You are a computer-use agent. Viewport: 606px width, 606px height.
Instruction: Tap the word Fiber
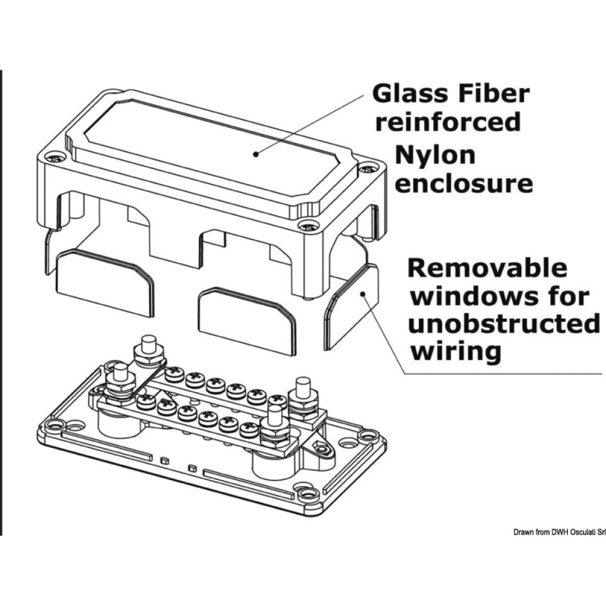pyautogui.click(x=494, y=94)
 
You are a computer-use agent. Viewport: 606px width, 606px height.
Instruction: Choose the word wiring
pyautogui.click(x=456, y=351)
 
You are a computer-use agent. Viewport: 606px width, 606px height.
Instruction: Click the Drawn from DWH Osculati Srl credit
pyautogui.click(x=559, y=531)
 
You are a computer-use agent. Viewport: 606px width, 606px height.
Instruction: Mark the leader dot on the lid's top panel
pyautogui.click(x=256, y=154)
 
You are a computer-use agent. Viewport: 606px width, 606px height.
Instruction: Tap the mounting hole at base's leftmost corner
pyautogui.click(x=55, y=425)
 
